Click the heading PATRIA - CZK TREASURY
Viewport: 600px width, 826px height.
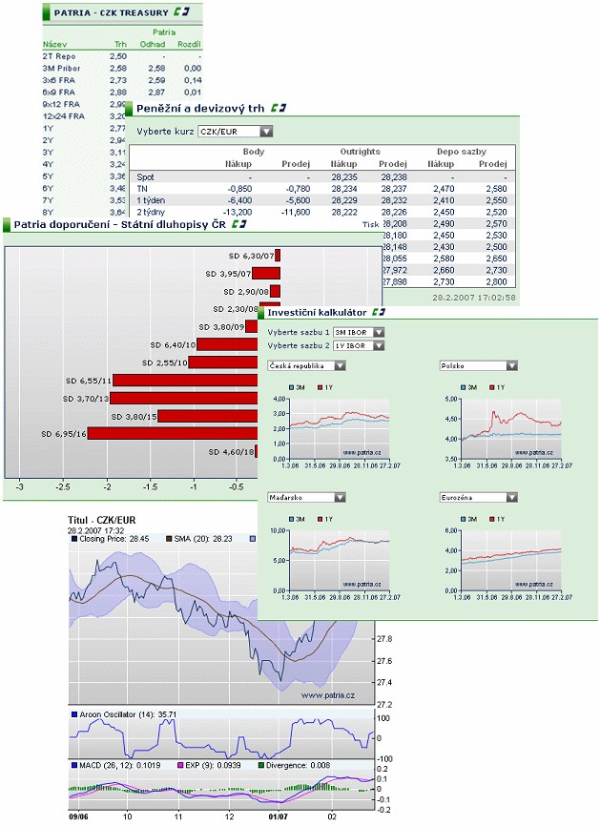111,12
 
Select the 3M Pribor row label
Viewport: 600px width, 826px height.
61,68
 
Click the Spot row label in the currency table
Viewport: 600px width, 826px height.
145,176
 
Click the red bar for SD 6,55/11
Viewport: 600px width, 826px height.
185,380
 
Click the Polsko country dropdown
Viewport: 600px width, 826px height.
479,365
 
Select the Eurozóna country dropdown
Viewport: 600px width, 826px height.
479,497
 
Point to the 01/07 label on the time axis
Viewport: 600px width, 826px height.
277,816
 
